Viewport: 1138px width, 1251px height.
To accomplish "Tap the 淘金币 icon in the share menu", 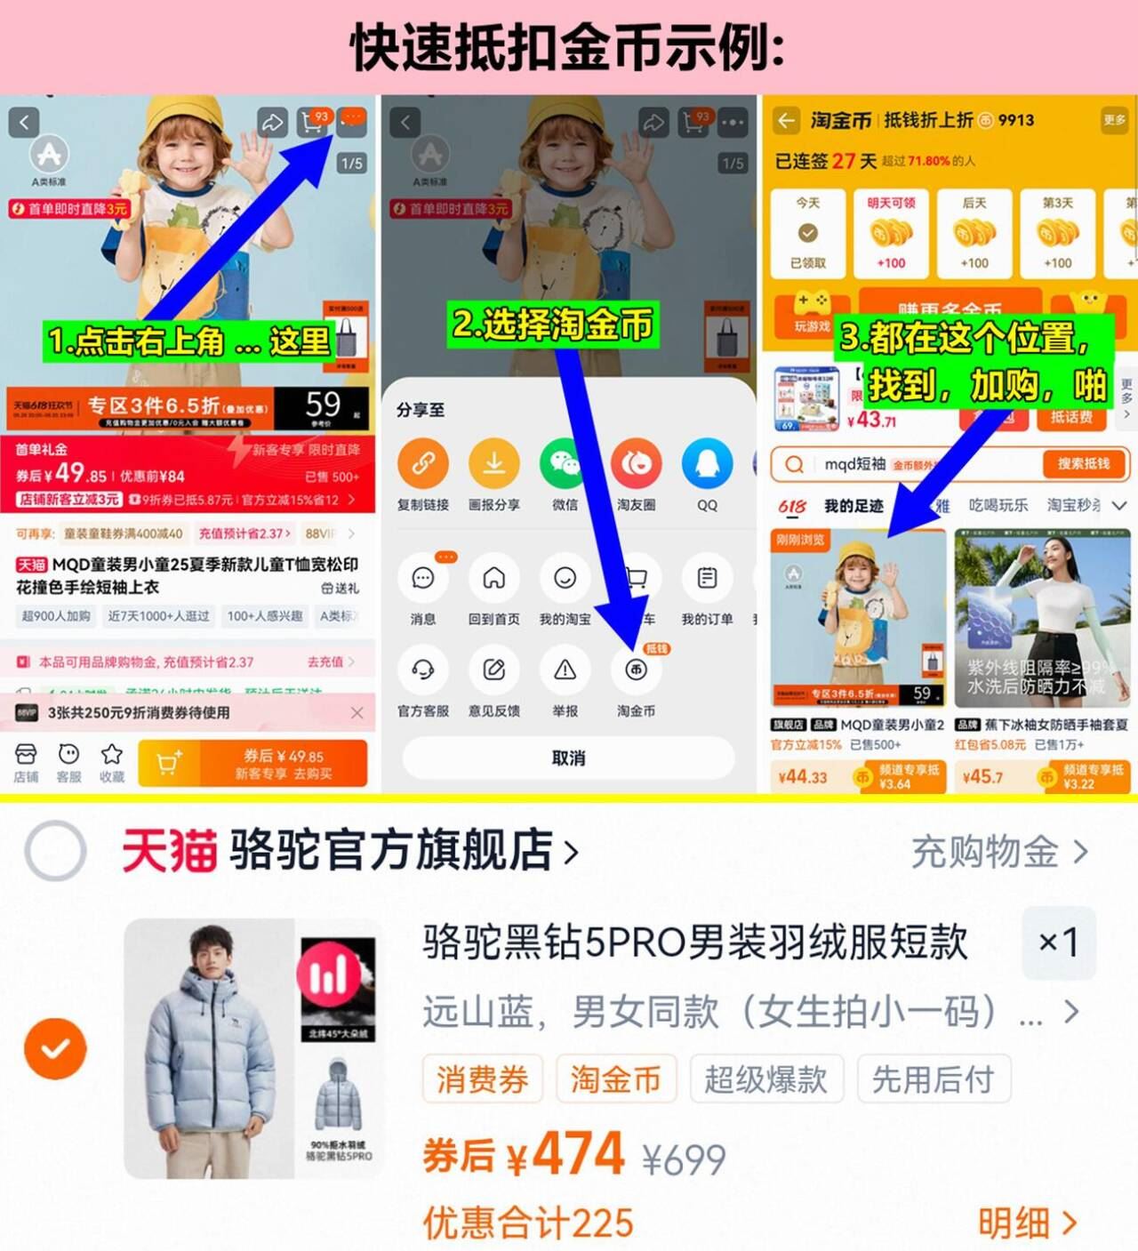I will (x=636, y=670).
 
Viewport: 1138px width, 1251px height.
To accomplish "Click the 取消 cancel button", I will (x=568, y=758).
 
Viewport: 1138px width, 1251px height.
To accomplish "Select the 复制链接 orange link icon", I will (x=423, y=463).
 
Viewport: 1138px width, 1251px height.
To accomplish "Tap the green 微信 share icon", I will (x=565, y=463).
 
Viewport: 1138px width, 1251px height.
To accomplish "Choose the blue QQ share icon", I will (x=707, y=463).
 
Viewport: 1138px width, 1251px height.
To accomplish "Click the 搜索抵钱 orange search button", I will (x=1083, y=463).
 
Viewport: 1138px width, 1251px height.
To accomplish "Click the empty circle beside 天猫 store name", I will (x=55, y=851).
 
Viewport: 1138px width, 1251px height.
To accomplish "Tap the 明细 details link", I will (x=1027, y=1223).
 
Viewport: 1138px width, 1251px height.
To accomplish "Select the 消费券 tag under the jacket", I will (x=482, y=1079).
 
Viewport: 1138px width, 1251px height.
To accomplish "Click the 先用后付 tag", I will (x=934, y=1079).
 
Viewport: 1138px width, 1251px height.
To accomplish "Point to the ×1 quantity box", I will (x=1058, y=942).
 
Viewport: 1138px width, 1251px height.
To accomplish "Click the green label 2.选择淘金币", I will (x=553, y=325).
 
